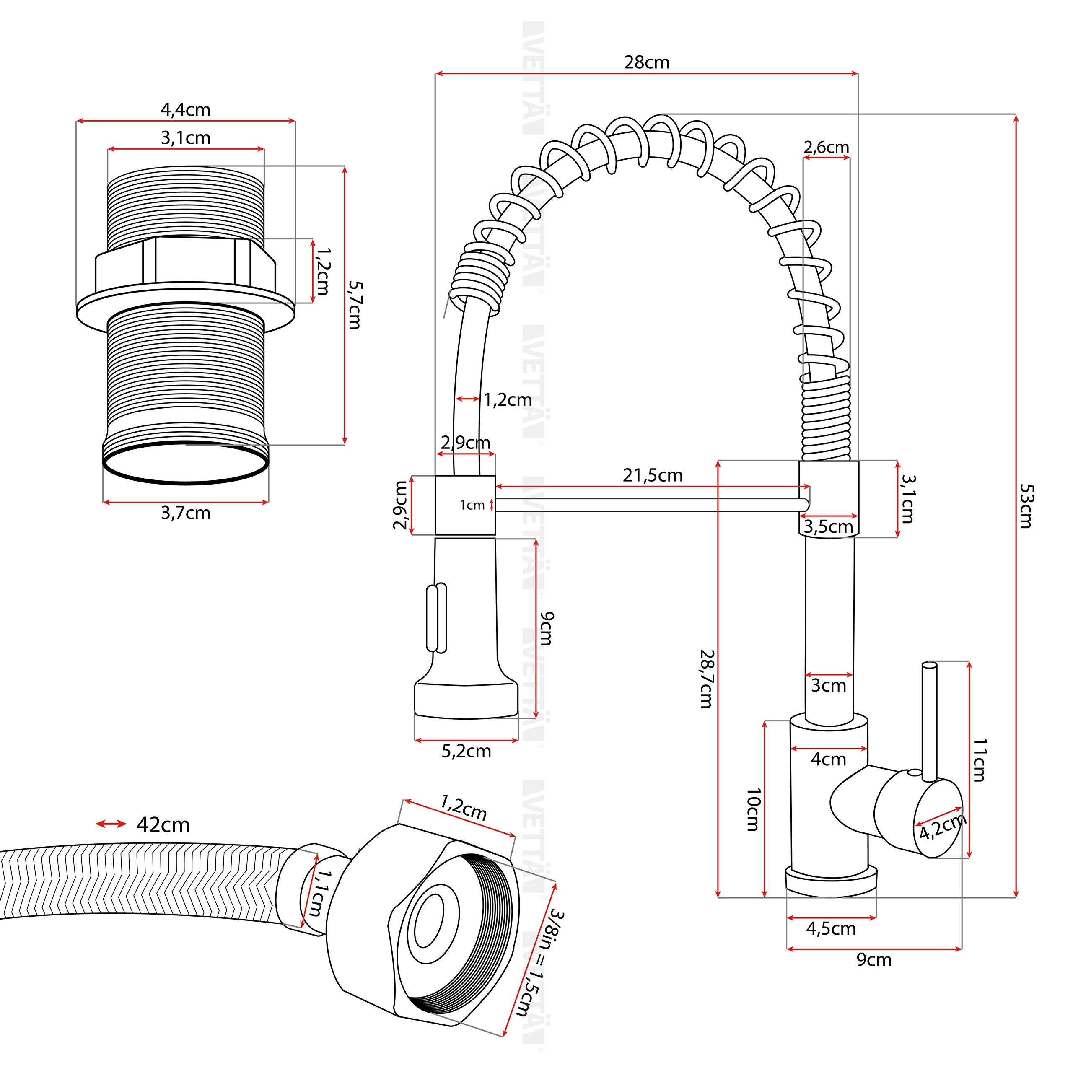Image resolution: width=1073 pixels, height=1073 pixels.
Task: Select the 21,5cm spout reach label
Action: [x=653, y=475]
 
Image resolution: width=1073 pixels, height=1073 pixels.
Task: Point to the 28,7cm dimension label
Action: [x=706, y=679]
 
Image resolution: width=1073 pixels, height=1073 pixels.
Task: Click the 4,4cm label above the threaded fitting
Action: [x=186, y=110]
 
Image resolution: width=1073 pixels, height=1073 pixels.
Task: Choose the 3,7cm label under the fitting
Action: [x=186, y=513]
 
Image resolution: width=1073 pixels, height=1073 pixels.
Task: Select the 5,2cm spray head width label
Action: [x=467, y=752]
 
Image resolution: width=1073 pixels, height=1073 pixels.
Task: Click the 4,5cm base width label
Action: [x=831, y=928]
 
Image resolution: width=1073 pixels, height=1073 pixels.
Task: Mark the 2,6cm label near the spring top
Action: [x=827, y=147]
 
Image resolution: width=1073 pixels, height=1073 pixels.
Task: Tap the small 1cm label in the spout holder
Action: [x=472, y=505]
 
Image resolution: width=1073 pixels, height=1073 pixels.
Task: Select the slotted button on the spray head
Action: [x=436, y=617]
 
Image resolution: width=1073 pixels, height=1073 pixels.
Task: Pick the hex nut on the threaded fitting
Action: [x=186, y=262]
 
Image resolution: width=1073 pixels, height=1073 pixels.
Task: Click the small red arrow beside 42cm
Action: [x=111, y=824]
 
